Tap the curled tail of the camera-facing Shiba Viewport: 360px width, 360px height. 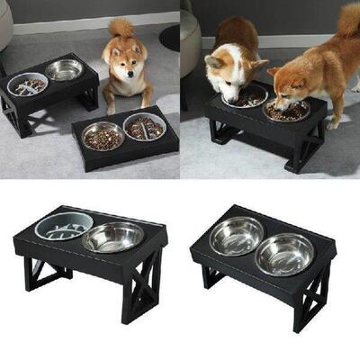(x=121, y=27)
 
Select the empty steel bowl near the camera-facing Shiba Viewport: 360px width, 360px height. (x=64, y=69)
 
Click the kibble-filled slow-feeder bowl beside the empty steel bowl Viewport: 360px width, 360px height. (x=27, y=85)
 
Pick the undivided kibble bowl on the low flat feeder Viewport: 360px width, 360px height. (x=103, y=136)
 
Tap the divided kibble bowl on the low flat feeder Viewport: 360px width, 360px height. (x=144, y=126)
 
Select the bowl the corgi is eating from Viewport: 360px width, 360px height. (x=247, y=95)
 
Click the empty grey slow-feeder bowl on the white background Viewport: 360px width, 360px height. (x=63, y=226)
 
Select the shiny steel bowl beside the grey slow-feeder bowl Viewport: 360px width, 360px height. (x=113, y=237)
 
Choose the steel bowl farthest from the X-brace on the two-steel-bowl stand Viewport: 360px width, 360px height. (x=236, y=235)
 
